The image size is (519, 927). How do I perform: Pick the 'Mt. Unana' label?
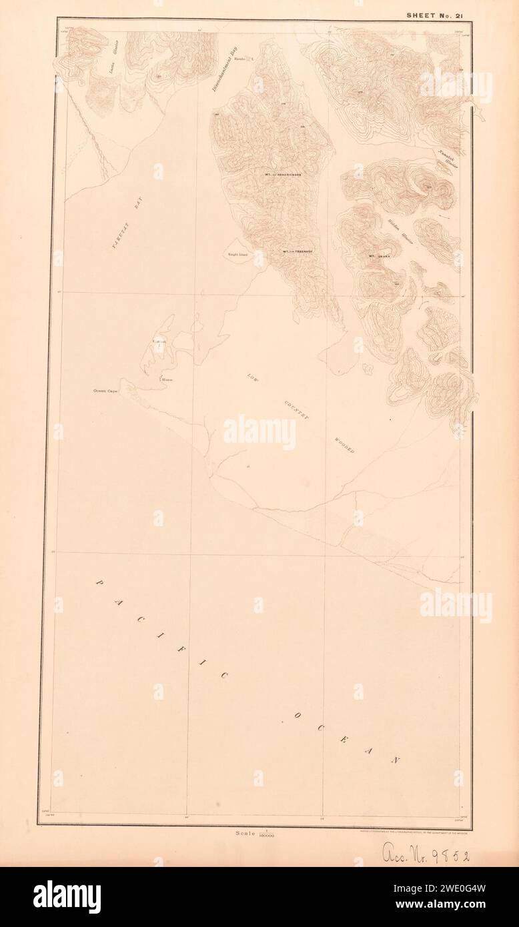(378, 255)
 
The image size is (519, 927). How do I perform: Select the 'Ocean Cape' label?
(105, 391)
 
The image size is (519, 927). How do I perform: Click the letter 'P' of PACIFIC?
(100, 583)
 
